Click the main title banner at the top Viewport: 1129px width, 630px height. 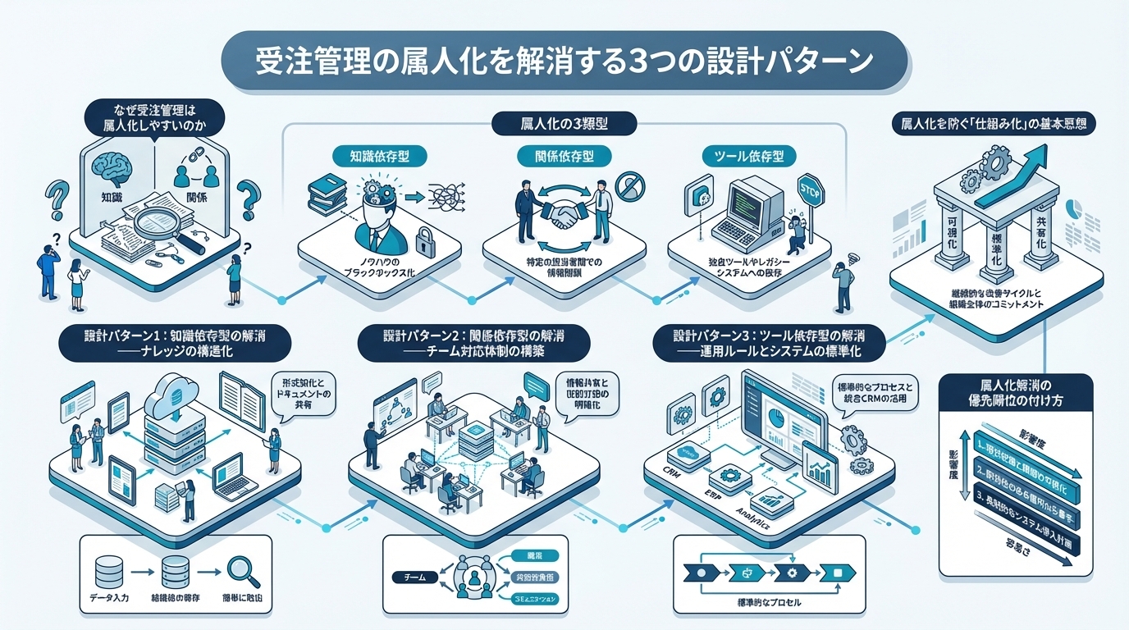(564, 62)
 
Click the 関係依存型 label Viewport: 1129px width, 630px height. (555, 155)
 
